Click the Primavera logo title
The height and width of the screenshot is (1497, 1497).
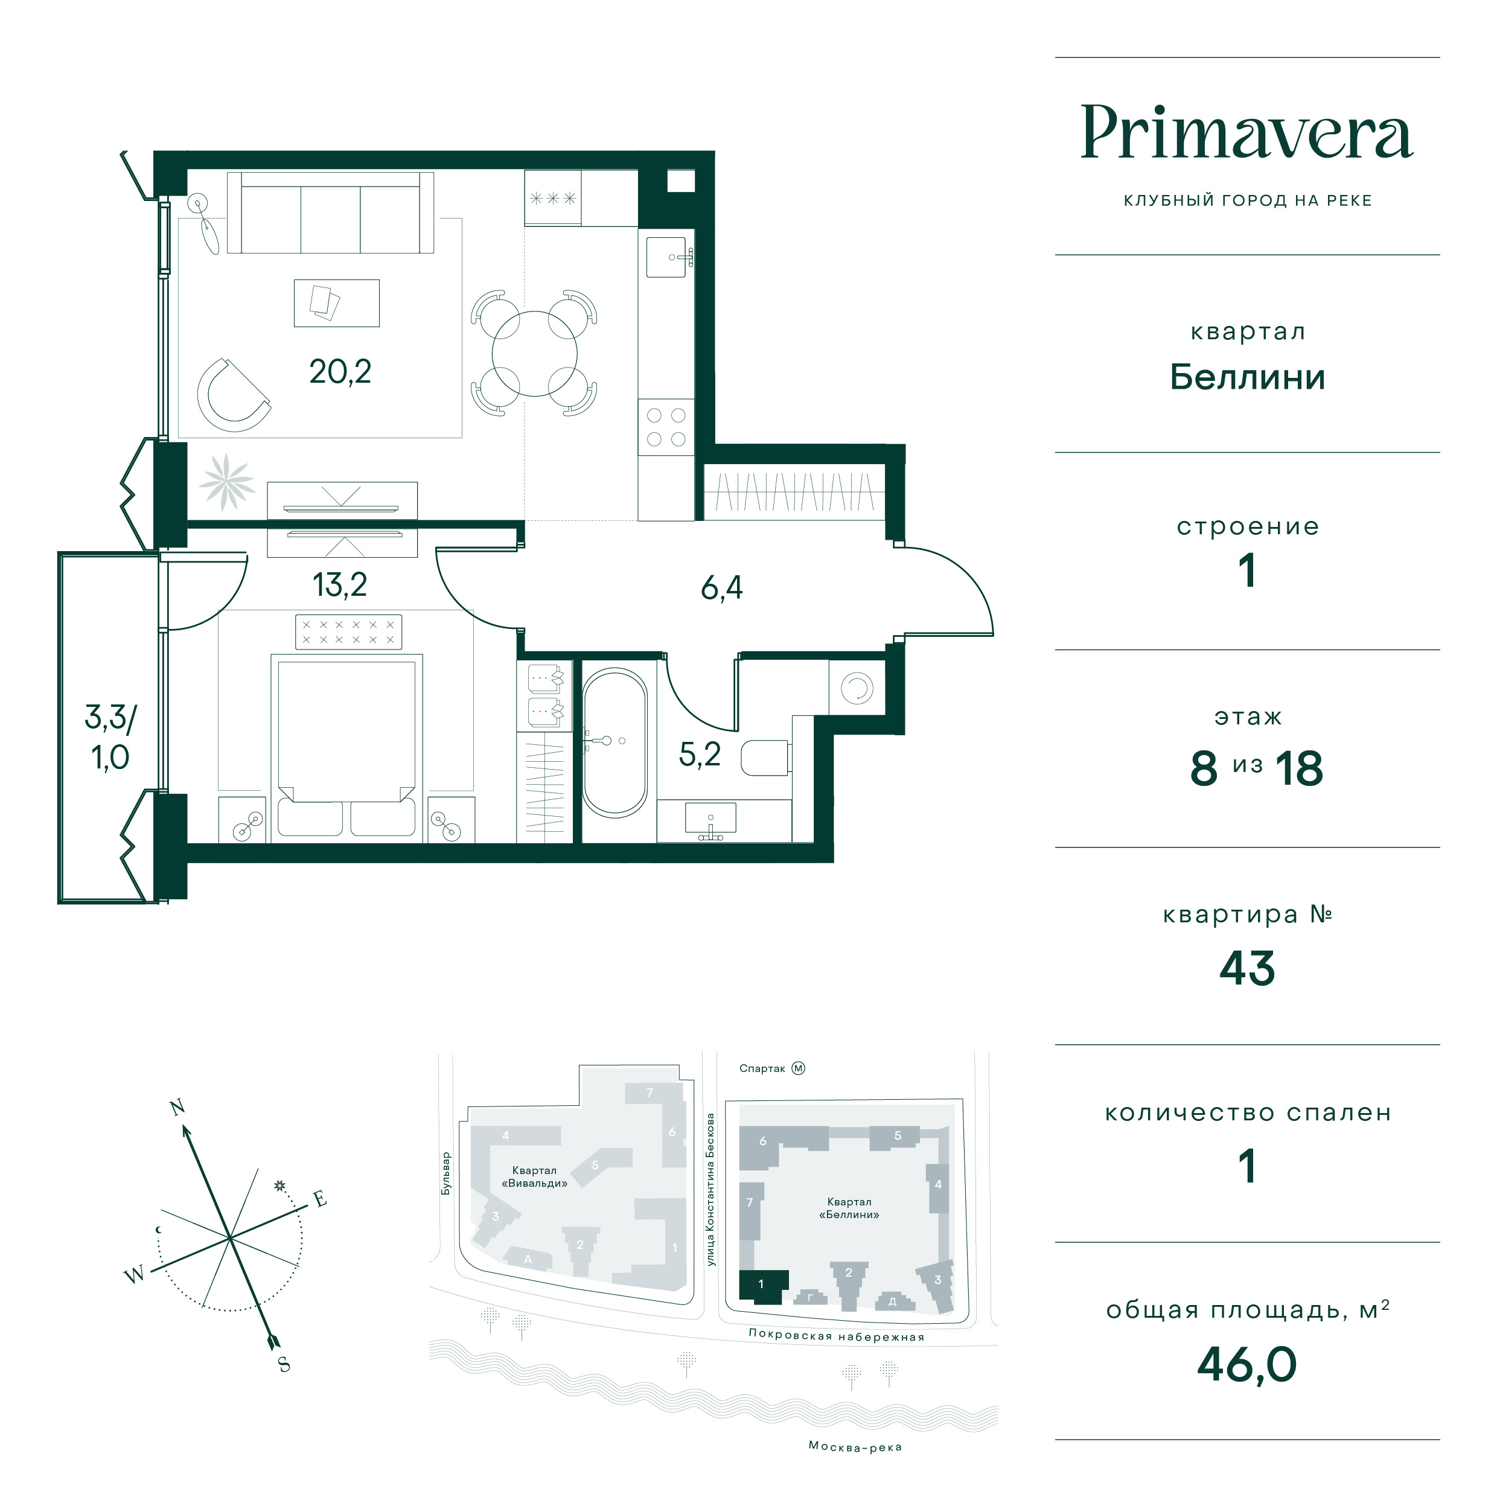point(1246,133)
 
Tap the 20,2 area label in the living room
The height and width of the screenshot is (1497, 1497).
point(340,372)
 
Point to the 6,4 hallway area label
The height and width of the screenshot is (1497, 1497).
point(721,588)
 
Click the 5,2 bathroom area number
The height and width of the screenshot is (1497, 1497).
point(700,754)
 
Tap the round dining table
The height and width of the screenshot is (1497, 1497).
point(535,353)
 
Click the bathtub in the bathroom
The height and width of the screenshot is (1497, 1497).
point(614,742)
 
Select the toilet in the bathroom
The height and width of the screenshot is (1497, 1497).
point(765,758)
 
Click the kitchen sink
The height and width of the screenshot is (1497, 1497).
point(667,257)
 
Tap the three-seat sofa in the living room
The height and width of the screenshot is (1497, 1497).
point(330,212)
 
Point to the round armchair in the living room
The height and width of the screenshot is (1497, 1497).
point(233,395)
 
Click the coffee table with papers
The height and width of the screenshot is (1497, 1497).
point(336,303)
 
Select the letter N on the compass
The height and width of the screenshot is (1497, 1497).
point(177,1107)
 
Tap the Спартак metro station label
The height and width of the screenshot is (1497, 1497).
point(762,1068)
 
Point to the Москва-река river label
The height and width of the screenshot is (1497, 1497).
point(855,1447)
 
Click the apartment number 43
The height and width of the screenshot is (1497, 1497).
point(1246,969)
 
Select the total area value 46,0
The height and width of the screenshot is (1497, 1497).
point(1246,1364)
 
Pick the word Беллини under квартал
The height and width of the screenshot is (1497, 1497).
point(1246,377)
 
